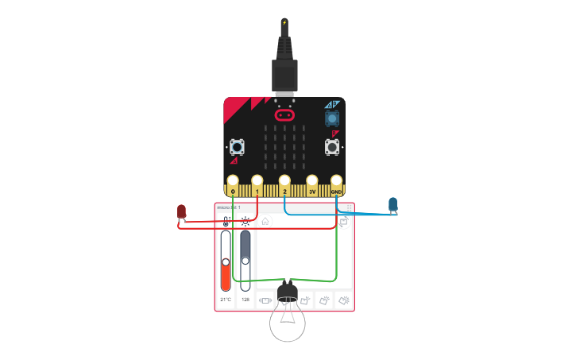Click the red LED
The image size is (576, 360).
(x=182, y=211)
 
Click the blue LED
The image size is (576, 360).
(x=392, y=204)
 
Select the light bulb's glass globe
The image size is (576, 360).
(x=288, y=323)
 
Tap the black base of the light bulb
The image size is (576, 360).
(x=288, y=292)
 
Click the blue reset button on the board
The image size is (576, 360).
(x=331, y=118)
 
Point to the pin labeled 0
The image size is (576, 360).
(x=233, y=182)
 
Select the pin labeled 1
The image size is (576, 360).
(x=257, y=182)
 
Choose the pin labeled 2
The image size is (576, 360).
(x=284, y=182)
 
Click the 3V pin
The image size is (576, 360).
(x=312, y=182)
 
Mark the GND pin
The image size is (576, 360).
(x=337, y=182)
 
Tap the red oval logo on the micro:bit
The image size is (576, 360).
(x=284, y=115)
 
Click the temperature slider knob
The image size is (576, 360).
(x=226, y=261)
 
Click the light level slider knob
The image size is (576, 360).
(x=245, y=260)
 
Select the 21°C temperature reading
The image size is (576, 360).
(x=226, y=300)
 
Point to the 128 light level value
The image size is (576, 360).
(x=245, y=300)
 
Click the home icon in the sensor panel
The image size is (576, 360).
(x=266, y=222)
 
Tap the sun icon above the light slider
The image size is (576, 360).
(x=245, y=222)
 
